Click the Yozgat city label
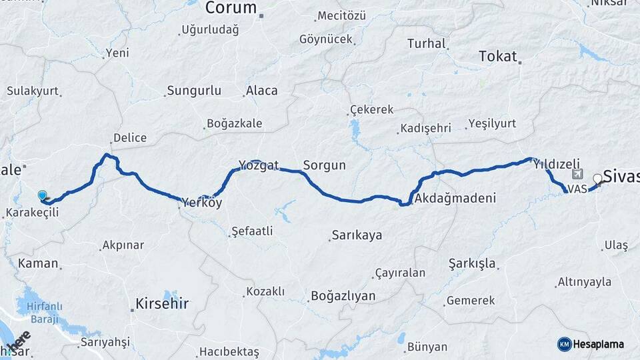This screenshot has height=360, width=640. point(258,165)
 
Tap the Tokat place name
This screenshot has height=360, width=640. point(498,57)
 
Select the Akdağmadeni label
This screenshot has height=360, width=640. point(455,199)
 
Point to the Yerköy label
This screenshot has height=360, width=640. point(202,203)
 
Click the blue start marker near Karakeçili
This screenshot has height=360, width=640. point(43,195)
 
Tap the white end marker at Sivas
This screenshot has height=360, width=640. point(597,178)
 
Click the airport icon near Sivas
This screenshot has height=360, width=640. point(576,175)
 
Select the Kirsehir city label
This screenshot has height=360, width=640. point(162,304)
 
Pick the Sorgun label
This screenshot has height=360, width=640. point(325,165)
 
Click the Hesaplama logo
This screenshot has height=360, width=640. point(591,344)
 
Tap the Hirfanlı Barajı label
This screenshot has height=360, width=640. point(45,312)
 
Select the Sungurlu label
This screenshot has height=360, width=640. point(194,90)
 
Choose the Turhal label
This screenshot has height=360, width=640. point(426,44)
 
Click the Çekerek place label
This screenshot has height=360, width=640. point(371,109)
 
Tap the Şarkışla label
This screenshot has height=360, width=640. point(472,263)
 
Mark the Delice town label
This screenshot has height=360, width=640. point(129,137)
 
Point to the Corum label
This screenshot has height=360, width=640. point(231,8)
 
